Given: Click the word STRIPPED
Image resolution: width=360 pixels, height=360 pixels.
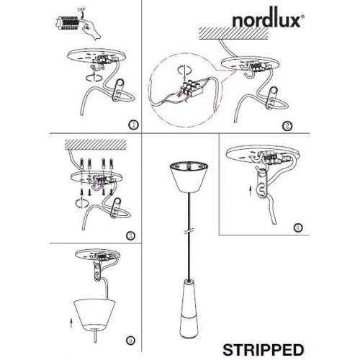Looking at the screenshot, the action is coord(264,350).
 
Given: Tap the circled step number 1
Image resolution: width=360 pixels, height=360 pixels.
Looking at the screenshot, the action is coord(133,125).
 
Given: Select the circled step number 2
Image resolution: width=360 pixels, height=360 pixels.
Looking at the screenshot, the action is coord(287,126).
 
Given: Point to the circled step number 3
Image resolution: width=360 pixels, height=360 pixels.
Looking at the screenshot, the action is coord(130,235).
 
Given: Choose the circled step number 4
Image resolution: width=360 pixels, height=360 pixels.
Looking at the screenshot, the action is coord(298,228).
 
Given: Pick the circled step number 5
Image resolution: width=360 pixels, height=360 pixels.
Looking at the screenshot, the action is coord(130,341).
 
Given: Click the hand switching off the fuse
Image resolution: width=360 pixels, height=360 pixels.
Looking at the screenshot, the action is coord(90,29).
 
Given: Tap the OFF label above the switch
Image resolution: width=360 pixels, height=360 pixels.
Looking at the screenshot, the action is coord(81,9).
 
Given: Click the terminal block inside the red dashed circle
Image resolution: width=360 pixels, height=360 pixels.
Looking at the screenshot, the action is coord(192,89).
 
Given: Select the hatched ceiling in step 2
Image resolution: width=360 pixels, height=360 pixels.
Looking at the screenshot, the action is coord(233,33).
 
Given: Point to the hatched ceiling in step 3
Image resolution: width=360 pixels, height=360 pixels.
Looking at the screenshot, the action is coord(96,144).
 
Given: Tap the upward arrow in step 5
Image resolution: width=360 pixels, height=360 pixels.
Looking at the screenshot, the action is coord(71,323).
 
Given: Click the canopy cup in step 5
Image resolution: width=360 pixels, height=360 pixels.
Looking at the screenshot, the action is coord(94,315).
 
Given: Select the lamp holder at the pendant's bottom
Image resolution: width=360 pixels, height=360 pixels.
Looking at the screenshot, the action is coord(189,310).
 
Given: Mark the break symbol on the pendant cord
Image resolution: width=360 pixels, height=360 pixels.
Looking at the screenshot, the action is coord(189,231).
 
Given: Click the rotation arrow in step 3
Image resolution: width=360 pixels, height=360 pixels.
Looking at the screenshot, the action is coord(82,203).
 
